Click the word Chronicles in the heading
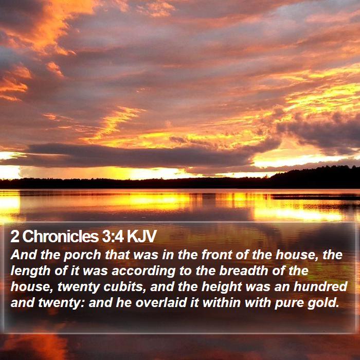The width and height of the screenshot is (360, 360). [x=61, y=236]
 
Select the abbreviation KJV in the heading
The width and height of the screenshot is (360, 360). [x=141, y=236]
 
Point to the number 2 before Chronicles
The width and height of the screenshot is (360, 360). [x=15, y=236]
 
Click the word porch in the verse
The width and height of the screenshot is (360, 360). [x=82, y=256]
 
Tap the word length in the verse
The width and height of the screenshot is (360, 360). [x=31, y=272]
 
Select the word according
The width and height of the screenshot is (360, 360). [x=143, y=272]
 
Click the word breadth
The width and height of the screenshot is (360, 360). [x=244, y=271]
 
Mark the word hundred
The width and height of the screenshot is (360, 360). [x=320, y=287]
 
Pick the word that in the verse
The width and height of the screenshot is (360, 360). [x=117, y=255]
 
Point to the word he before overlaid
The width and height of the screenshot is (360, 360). [x=124, y=302]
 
